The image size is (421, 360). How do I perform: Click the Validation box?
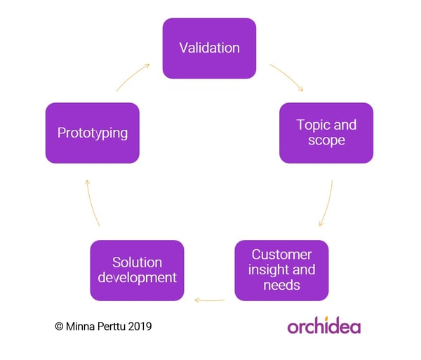[209, 48]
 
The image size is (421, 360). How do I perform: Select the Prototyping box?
[93, 133]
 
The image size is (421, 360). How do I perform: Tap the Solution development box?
[138, 270]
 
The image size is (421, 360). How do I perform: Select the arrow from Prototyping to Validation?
[132, 76]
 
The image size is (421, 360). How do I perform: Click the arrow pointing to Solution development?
[209, 300]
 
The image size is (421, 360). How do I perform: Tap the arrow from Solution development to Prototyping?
[91, 202]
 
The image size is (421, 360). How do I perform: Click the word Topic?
[312, 126]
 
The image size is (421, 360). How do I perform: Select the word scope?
[326, 140]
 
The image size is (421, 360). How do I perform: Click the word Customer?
[281, 255]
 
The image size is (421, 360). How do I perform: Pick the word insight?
[268, 270]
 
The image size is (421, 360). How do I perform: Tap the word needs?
[281, 285]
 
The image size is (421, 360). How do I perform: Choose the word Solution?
[138, 262]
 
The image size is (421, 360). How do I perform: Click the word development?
[138, 278]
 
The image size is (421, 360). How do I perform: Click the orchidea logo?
[323, 326]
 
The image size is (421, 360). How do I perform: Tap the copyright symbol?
[59, 326]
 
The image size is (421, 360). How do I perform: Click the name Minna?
[80, 326]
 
